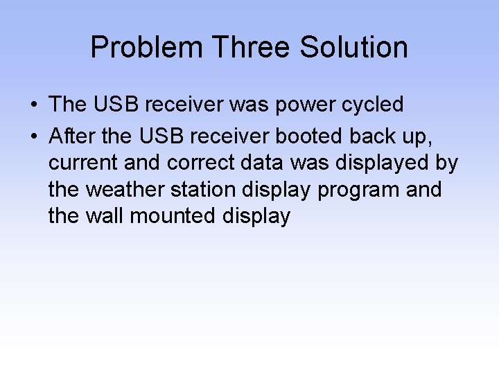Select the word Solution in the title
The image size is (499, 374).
click(x=354, y=48)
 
